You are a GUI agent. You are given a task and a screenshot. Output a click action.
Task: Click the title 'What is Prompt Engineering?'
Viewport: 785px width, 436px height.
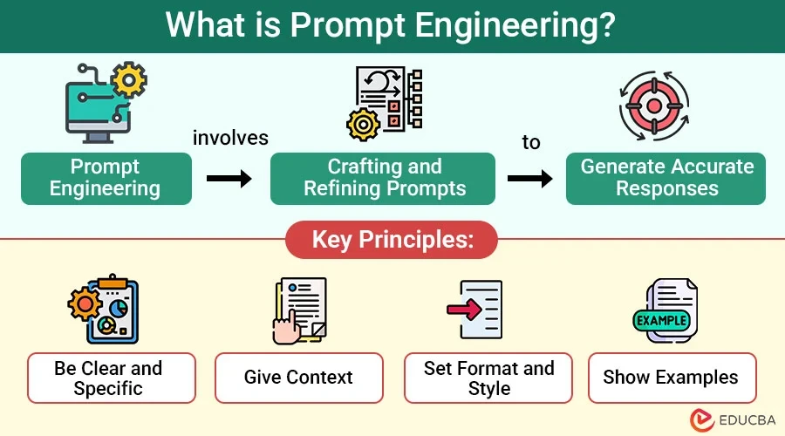[392, 25]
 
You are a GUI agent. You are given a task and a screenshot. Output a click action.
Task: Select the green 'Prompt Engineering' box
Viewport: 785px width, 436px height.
[106, 178]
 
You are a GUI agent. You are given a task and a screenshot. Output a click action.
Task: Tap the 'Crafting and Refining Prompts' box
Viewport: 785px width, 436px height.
[383, 178]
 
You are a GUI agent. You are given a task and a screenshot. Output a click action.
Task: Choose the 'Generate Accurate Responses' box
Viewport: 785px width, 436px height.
[666, 178]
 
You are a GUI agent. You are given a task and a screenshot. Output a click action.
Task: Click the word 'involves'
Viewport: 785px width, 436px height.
[230, 139]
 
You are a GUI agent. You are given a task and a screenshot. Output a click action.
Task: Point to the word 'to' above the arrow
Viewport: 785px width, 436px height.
[531, 142]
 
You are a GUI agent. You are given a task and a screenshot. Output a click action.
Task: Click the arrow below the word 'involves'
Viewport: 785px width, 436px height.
[229, 179]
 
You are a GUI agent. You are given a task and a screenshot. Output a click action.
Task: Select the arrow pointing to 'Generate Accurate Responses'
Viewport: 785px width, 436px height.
[530, 179]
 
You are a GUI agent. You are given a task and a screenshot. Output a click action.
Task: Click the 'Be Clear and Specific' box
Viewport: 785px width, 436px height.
[112, 378]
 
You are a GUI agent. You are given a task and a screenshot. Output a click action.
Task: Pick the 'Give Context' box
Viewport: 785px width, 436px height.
[298, 378]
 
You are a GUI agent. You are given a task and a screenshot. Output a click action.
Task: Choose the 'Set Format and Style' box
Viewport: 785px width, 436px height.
[488, 378]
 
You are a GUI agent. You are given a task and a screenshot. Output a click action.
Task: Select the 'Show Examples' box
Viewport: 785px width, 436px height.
[671, 378]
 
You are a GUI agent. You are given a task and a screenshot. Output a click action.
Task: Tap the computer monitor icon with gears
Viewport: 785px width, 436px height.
[106, 103]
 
